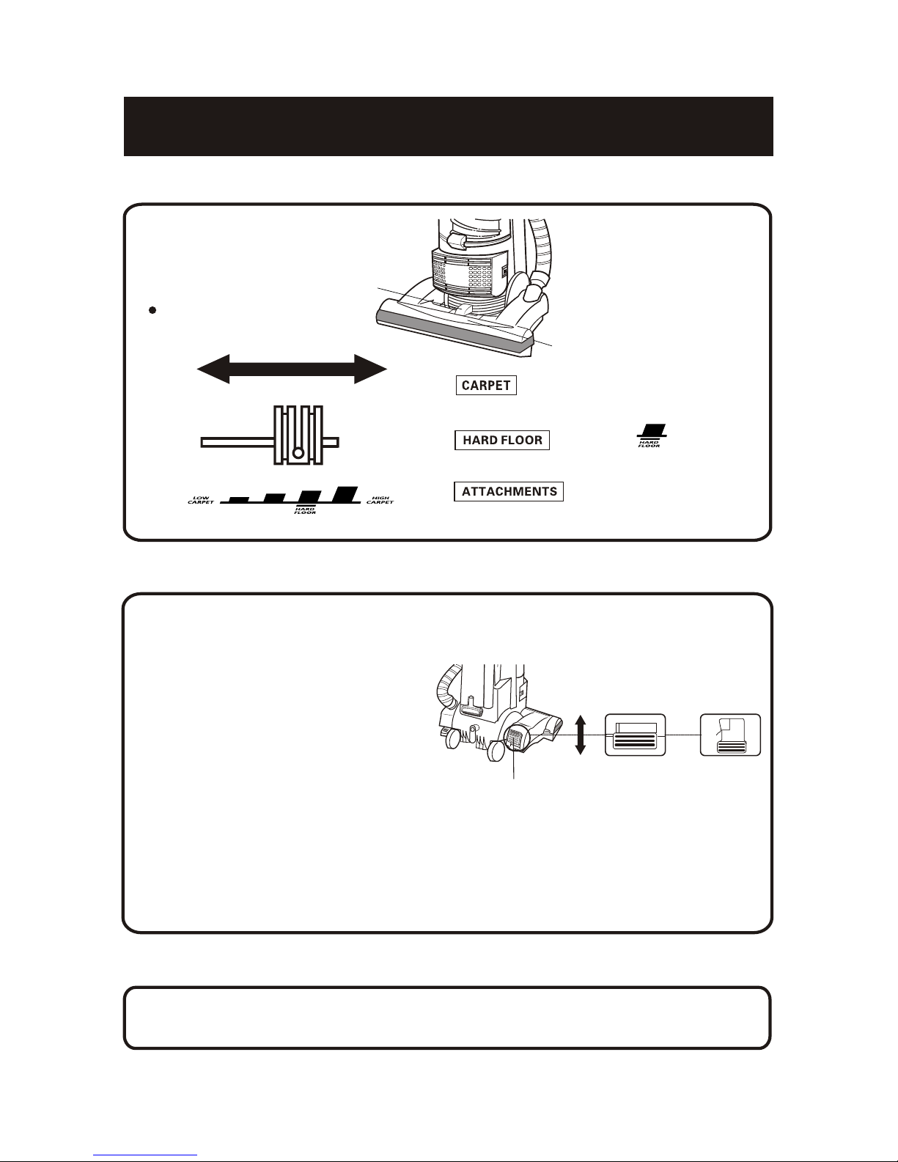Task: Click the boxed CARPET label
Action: pos(486,385)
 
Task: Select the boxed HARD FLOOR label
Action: pos(502,440)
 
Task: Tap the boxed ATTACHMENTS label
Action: pos(509,491)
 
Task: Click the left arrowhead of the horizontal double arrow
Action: pos(213,369)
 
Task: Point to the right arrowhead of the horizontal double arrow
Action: pos(370,369)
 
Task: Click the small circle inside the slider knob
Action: pos(298,453)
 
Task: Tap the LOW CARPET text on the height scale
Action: pos(201,500)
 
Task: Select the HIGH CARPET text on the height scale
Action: pos(380,500)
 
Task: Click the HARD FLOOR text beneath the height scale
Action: pos(305,511)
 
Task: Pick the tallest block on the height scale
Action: pos(345,494)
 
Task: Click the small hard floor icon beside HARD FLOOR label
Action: pos(652,435)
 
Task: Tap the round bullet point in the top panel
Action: pos(152,310)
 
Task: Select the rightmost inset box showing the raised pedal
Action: pos(730,735)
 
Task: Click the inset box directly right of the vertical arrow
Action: pos(635,735)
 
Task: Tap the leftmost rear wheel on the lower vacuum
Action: pos(453,738)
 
